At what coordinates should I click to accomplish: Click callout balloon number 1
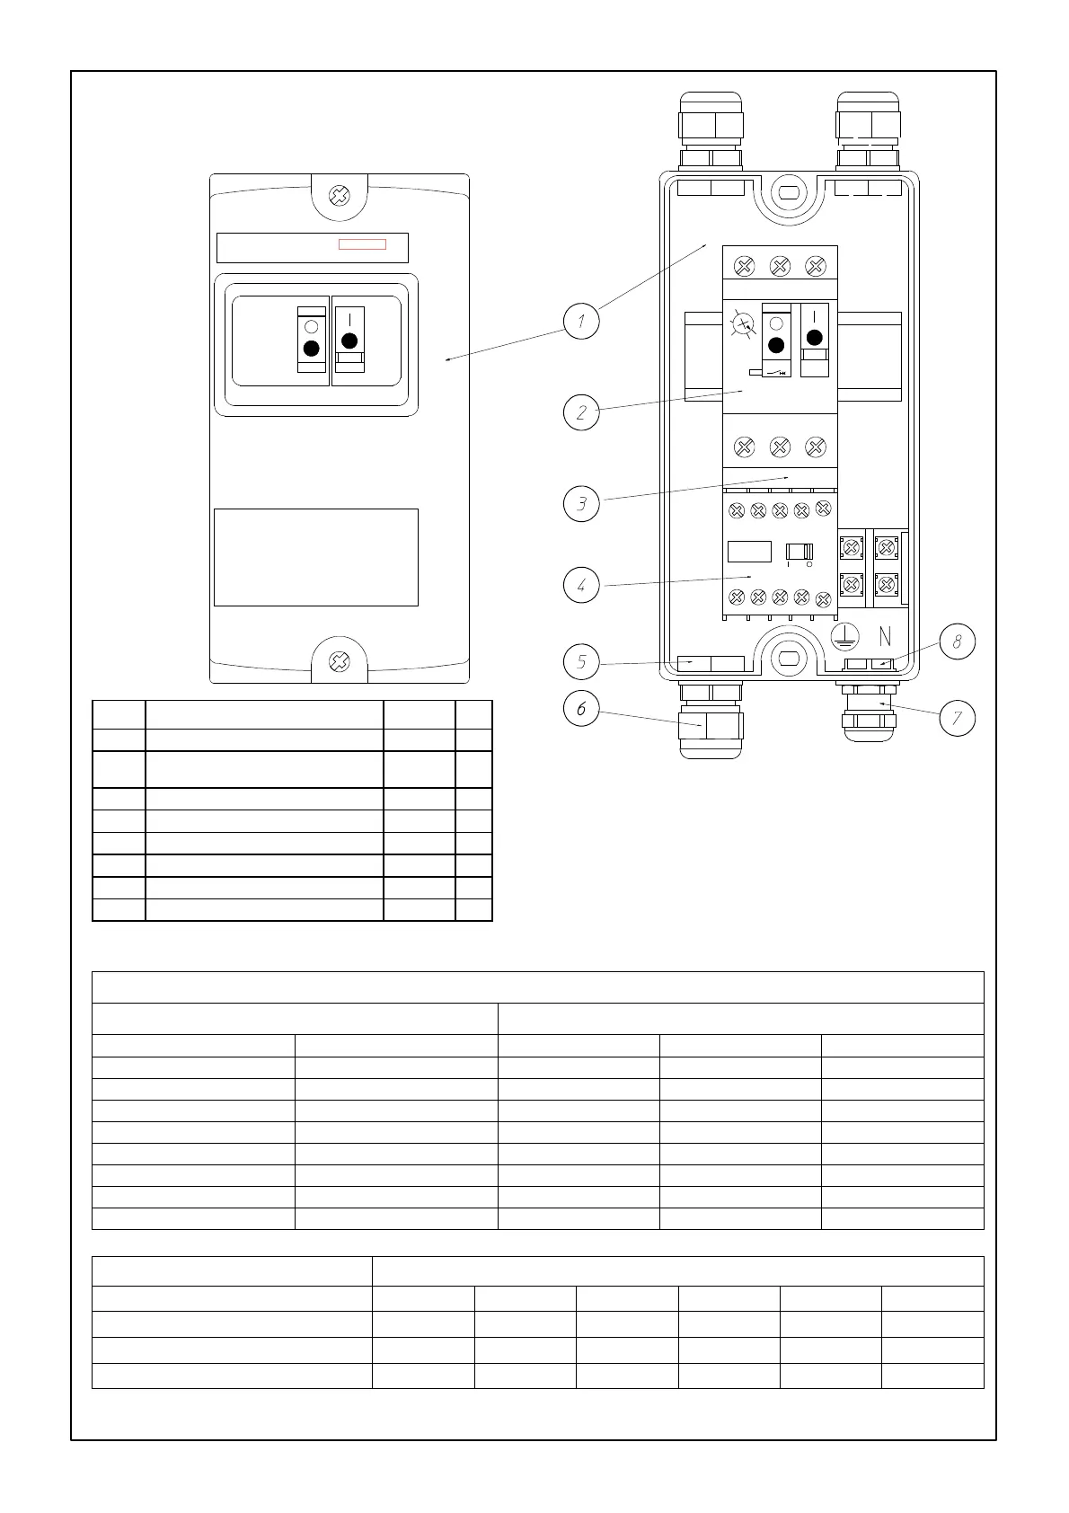581,322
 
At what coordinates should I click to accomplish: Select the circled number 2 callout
581,412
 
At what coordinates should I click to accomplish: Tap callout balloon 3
581,503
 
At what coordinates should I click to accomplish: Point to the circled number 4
581,585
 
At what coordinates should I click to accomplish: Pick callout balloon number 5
581,663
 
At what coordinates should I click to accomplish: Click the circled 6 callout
581,709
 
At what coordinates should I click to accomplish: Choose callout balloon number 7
957,718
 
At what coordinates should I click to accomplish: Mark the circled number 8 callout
957,641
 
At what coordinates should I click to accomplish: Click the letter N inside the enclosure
885,637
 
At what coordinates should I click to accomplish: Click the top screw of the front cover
340,195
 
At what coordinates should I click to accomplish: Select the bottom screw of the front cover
340,662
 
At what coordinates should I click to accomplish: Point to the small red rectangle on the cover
362,244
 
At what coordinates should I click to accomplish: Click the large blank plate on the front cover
315,557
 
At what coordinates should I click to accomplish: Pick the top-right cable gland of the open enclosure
867,130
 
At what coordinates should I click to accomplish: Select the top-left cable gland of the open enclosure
711,130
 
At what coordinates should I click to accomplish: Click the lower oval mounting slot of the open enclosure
789,659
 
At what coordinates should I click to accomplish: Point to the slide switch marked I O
799,552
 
